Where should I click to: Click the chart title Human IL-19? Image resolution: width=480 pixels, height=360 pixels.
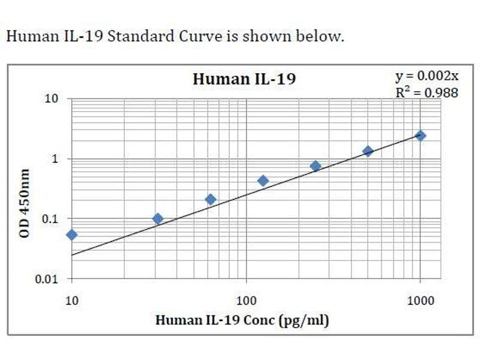pyautogui.click(x=244, y=79)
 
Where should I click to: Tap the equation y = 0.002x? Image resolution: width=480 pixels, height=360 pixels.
pyautogui.click(x=427, y=76)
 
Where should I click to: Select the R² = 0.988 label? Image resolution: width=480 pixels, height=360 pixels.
pyautogui.click(x=427, y=92)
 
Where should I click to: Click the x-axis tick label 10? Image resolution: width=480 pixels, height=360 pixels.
pyautogui.click(x=71, y=301)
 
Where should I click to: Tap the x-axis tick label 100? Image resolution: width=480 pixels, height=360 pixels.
pyautogui.click(x=246, y=301)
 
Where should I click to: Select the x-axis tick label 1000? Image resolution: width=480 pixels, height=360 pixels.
pyautogui.click(x=420, y=301)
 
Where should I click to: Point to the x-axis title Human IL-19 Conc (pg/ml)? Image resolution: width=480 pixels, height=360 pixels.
pyautogui.click(x=242, y=320)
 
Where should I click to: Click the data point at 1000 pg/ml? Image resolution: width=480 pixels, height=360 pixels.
pyautogui.click(x=420, y=136)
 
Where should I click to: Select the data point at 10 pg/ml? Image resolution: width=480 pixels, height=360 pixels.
pyautogui.click(x=71, y=235)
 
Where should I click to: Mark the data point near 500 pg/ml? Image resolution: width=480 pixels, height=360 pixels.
pyautogui.click(x=368, y=151)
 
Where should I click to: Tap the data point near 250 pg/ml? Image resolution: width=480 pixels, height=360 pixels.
pyautogui.click(x=316, y=166)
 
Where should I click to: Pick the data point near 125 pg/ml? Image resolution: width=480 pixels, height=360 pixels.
pyautogui.click(x=263, y=181)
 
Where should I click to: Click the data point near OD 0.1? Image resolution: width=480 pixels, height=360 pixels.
pyautogui.click(x=158, y=219)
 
